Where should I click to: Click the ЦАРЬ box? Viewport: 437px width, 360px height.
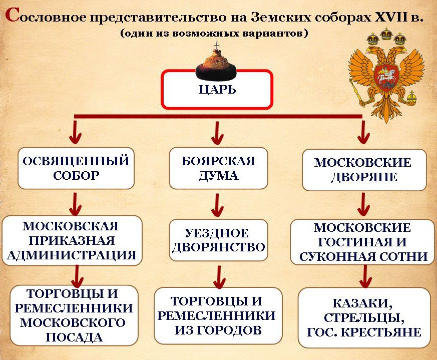[x=217, y=90]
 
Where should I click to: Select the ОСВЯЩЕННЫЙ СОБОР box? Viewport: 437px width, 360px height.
[x=76, y=168]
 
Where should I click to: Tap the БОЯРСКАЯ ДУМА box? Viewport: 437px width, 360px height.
[x=218, y=168]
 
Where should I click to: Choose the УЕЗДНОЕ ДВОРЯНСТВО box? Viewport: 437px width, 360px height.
[x=217, y=240]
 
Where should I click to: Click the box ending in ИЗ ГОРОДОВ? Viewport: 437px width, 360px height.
[x=217, y=315]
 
